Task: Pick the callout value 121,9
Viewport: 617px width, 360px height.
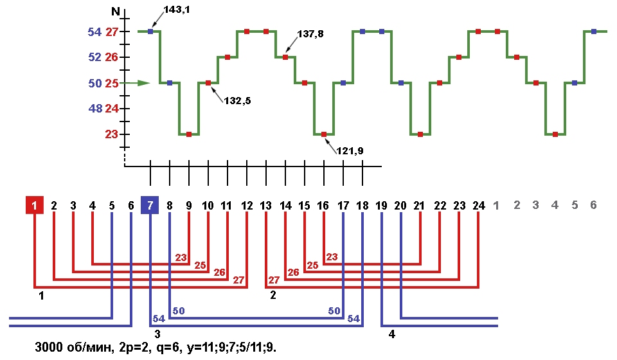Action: click(x=350, y=150)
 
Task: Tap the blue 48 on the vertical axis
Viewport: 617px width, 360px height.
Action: click(x=95, y=109)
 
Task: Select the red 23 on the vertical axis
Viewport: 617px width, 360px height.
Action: click(x=112, y=134)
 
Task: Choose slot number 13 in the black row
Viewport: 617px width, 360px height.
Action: click(x=265, y=206)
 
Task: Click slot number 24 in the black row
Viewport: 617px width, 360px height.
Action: click(x=478, y=206)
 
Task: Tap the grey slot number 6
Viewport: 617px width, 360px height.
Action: click(x=594, y=205)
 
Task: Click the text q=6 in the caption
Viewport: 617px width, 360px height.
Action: click(x=168, y=347)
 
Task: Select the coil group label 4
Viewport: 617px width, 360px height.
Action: click(x=391, y=334)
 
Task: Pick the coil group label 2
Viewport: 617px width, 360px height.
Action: click(x=272, y=295)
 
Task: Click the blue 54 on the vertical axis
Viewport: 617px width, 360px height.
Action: click(x=95, y=32)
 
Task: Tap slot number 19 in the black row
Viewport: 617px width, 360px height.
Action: click(x=382, y=206)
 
